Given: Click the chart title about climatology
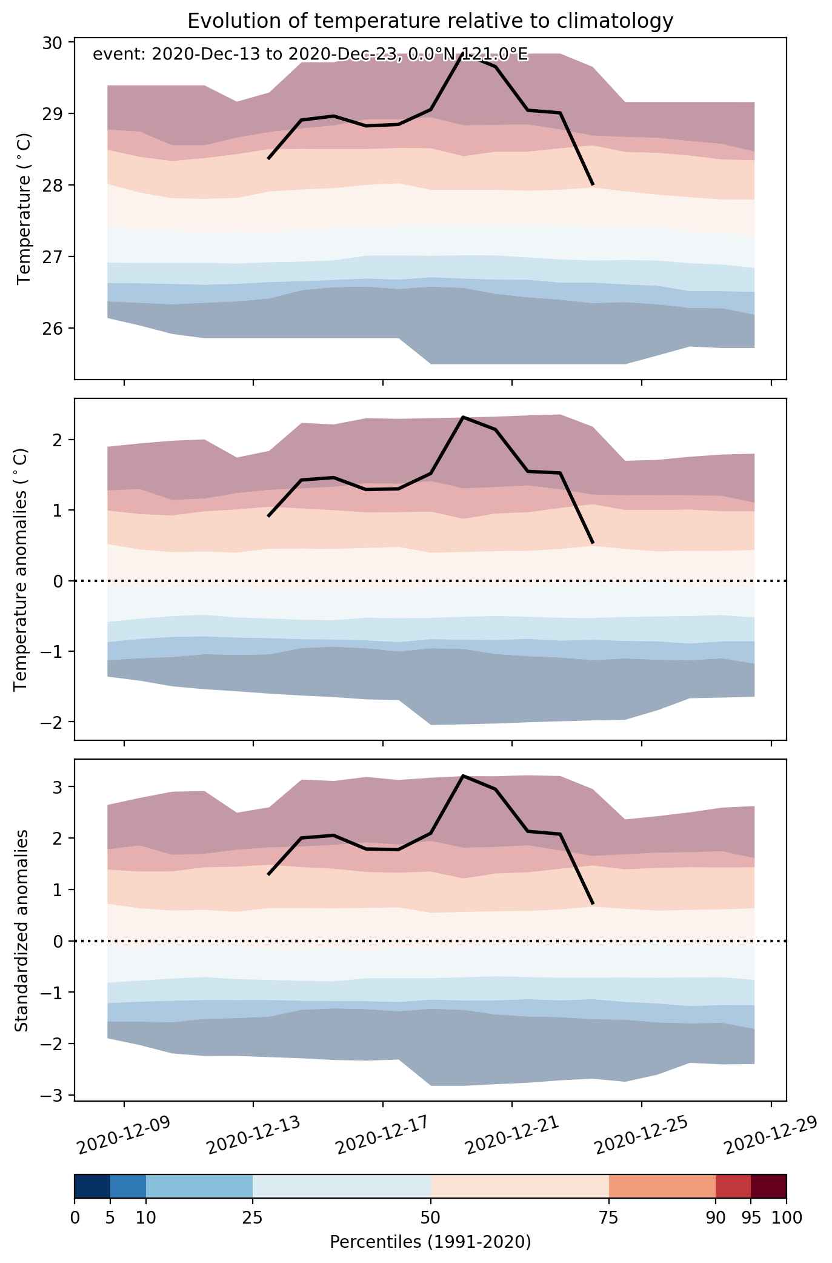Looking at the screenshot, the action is pyautogui.click(x=430, y=21).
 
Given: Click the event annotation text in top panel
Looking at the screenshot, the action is pyautogui.click(x=310, y=55).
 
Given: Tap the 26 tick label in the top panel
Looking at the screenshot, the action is pyautogui.click(x=53, y=329).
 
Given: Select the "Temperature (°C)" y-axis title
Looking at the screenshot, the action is pyautogui.click(x=24, y=209).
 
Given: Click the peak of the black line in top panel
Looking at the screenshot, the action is pyautogui.click(x=463, y=54).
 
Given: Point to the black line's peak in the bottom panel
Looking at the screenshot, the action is pyautogui.click(x=463, y=776).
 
